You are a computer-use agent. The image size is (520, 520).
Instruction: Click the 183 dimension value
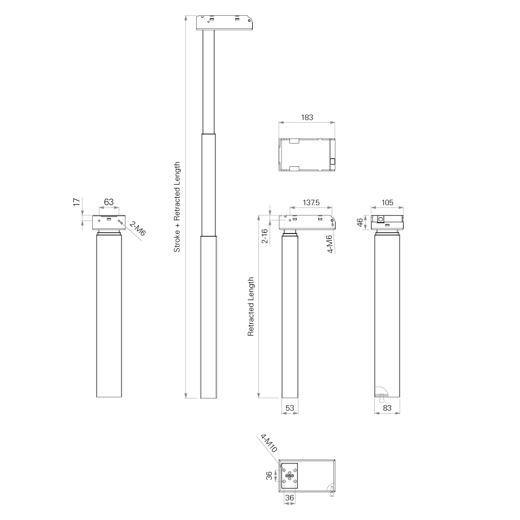[x=307, y=118]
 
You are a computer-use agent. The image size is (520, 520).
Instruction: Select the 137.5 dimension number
[x=311, y=202]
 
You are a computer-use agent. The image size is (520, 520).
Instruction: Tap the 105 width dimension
[x=387, y=202]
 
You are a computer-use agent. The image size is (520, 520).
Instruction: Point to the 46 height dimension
[x=360, y=223]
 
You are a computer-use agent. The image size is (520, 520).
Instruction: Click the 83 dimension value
[x=387, y=408]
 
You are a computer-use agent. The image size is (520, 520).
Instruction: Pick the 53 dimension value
[x=289, y=408]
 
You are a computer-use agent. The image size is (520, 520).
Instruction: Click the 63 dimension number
[x=109, y=202]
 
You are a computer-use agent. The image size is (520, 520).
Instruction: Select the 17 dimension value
[x=77, y=202]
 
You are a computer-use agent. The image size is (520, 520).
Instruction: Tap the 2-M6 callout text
[x=137, y=228]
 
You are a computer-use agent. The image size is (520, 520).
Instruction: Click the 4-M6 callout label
[x=330, y=244]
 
